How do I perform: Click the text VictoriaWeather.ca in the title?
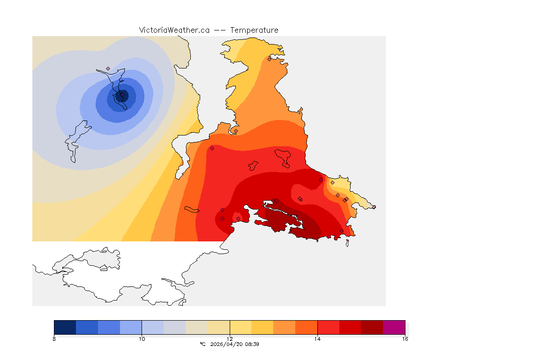point(174,30)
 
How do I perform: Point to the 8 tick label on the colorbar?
point(54,339)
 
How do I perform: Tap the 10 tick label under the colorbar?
point(142,339)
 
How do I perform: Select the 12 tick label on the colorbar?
point(230,339)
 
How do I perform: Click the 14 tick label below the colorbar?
point(317,339)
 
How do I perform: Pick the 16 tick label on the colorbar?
point(405,339)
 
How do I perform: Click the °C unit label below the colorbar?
point(202,344)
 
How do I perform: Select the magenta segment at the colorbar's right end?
point(394,327)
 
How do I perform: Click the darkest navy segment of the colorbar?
point(65,327)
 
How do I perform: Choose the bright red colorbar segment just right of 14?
point(328,327)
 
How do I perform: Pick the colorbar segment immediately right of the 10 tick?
point(152,327)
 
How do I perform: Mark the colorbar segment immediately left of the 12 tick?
point(218,327)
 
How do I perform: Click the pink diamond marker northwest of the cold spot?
point(108,68)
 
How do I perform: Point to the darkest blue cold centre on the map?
point(121,97)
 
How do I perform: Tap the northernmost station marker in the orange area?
point(269,59)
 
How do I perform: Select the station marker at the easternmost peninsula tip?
point(374,207)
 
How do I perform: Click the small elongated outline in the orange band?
point(192,209)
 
